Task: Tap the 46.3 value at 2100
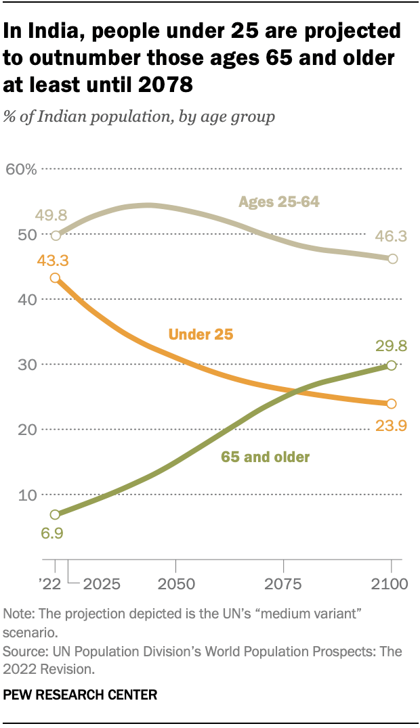[x=392, y=237]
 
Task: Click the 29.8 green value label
[x=392, y=347]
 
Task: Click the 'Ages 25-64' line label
[x=278, y=202]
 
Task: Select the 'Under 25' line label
[x=201, y=334]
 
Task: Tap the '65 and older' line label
[x=265, y=457]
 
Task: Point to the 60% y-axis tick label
[x=21, y=169]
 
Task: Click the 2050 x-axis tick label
[x=176, y=583]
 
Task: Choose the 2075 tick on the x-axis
[x=284, y=583]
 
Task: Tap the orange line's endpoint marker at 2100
[x=392, y=404]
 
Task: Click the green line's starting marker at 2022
[x=55, y=515]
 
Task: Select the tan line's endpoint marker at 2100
[x=392, y=259]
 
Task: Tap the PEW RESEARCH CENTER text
[x=81, y=694]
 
